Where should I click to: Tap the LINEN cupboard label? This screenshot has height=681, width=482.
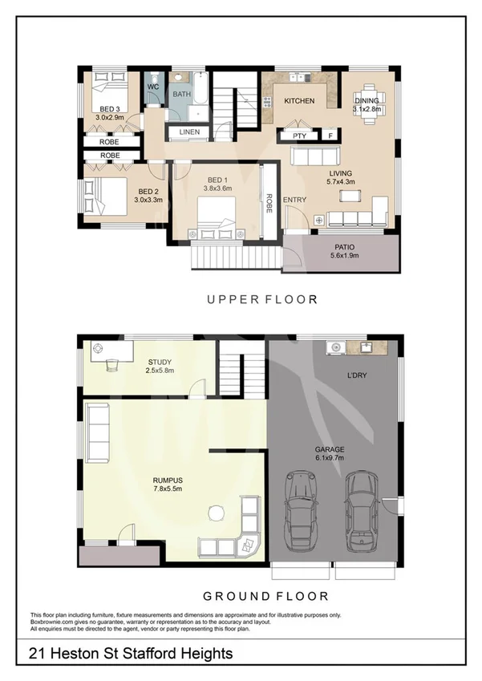[189, 131]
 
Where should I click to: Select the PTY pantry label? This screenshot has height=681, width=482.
[299, 136]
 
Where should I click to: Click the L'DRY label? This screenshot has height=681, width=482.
[356, 374]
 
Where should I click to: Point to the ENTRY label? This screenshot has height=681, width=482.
[294, 200]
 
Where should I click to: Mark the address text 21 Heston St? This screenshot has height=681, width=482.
[131, 654]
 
